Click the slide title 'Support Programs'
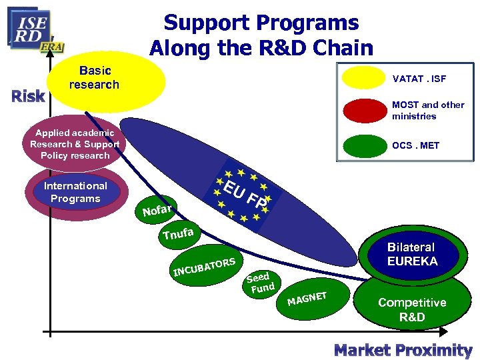[x=261, y=23]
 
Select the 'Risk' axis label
[x=28, y=96]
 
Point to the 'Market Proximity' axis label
[x=403, y=349]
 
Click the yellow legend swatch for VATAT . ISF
[x=363, y=78]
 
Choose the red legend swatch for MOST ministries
[x=363, y=111]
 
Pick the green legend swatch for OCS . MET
[x=363, y=145]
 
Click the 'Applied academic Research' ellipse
[x=74, y=144]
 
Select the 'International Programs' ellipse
[x=75, y=193]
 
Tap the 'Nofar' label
[x=157, y=210]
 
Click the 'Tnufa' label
[x=178, y=233]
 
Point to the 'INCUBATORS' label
[x=204, y=266]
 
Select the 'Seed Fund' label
[x=259, y=283]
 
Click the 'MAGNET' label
[x=307, y=297]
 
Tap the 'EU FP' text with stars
[x=244, y=192]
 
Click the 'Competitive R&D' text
[x=412, y=309]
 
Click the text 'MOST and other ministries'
[x=428, y=110]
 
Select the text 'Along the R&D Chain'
[x=261, y=48]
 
